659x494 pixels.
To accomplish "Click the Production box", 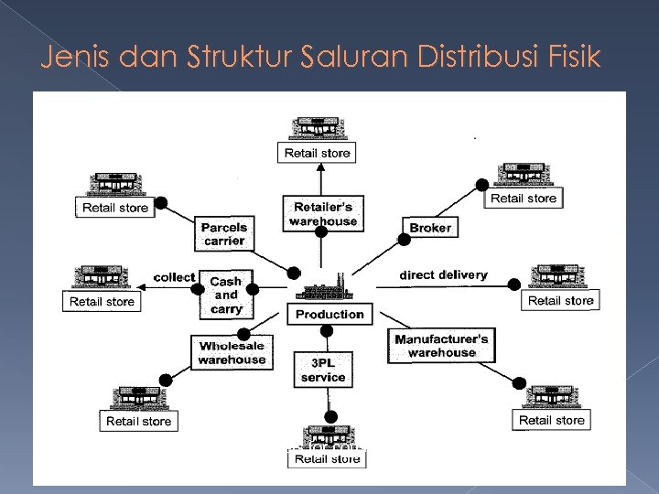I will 329,314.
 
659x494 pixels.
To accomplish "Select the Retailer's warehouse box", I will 322,213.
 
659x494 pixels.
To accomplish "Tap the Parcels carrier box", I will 224,233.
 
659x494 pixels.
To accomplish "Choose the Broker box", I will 429,228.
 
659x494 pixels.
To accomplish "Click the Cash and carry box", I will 226,295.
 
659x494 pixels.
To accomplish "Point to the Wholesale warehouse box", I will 232,353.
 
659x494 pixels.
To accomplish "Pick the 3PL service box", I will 322,370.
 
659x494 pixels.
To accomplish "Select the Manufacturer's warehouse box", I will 442,345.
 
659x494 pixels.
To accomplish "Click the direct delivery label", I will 443,274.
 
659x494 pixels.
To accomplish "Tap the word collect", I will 174,277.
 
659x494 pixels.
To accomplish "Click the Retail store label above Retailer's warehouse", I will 317,153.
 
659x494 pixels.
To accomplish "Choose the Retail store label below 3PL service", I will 327,458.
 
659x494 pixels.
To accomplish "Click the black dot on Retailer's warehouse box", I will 321,231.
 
